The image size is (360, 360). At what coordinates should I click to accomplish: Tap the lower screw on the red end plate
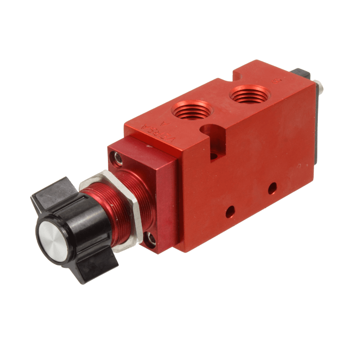tap(151, 237)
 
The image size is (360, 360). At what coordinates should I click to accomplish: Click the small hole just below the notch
tap(212, 153)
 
